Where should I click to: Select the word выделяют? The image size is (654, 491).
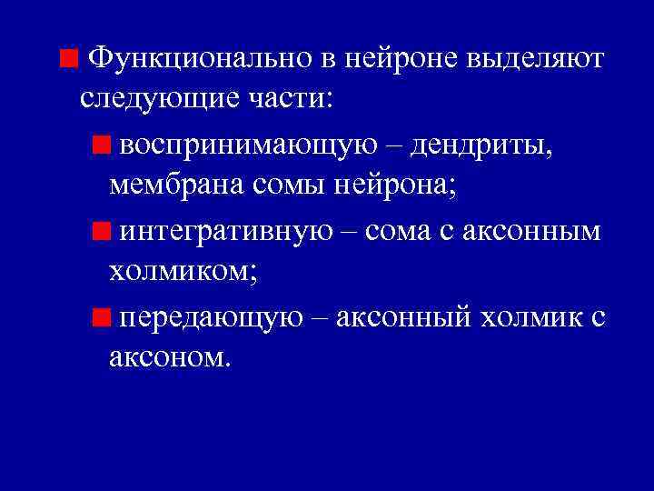coord(533,58)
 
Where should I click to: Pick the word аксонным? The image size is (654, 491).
coord(532,230)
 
